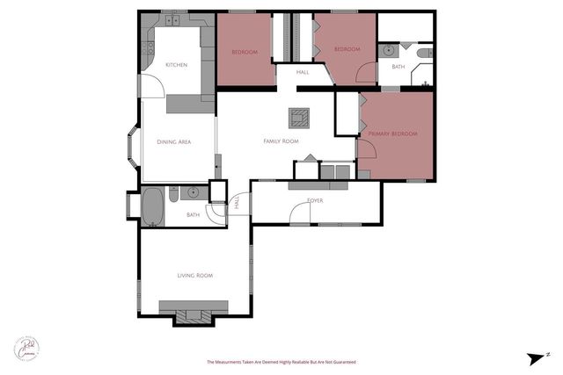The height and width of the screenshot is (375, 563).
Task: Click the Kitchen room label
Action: (x=176, y=65)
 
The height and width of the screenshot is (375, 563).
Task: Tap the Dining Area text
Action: (x=174, y=141)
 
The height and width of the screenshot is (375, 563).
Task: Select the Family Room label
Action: (x=281, y=141)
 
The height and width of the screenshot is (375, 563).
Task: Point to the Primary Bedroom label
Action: (x=392, y=133)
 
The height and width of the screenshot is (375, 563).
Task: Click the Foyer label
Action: (x=314, y=200)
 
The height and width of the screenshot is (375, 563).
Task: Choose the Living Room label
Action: (x=195, y=276)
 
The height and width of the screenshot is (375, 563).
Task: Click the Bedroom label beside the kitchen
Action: (x=244, y=52)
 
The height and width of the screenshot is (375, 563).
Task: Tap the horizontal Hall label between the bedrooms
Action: (x=303, y=73)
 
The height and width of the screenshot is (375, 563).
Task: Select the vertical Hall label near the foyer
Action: (x=237, y=203)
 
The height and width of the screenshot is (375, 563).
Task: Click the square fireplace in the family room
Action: (x=301, y=115)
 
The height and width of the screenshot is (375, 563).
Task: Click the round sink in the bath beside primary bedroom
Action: (x=387, y=52)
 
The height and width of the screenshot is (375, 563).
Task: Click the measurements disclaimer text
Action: (x=281, y=362)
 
